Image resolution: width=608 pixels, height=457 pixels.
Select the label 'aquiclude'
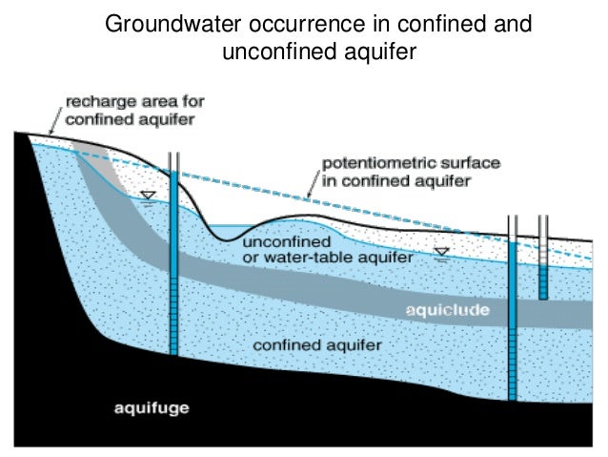[x=448, y=311]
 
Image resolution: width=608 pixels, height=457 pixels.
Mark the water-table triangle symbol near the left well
[x=148, y=197]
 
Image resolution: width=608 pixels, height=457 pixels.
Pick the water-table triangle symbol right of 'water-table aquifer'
[x=440, y=253]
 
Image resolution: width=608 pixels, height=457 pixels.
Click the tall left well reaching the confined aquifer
[x=172, y=258]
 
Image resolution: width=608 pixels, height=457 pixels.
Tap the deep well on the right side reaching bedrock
[x=512, y=315]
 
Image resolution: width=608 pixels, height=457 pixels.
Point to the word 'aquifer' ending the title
[x=384, y=52]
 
